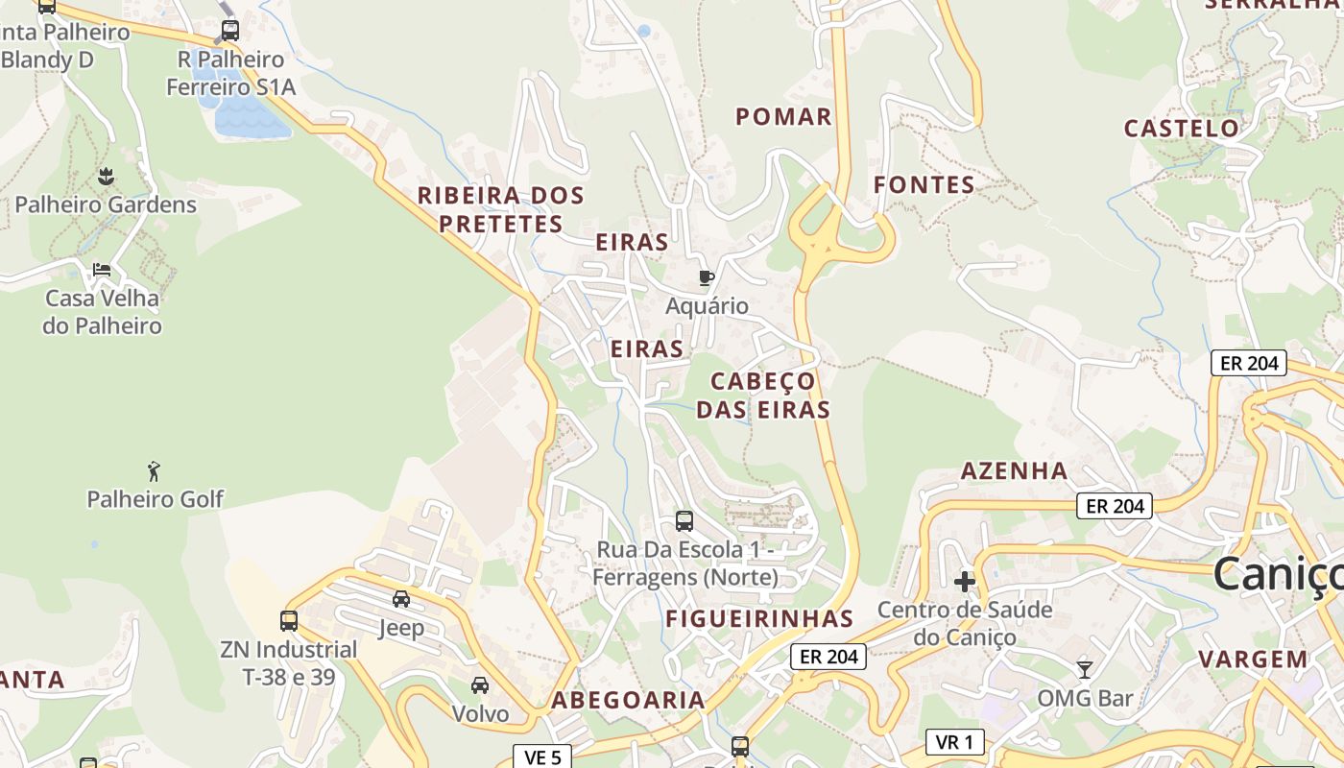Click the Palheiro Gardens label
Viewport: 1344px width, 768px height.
point(106,204)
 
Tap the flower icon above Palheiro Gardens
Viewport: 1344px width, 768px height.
point(106,177)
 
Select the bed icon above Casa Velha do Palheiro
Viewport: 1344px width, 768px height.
point(102,270)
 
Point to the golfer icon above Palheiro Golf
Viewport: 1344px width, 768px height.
point(154,471)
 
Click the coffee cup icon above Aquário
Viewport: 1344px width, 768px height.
point(707,278)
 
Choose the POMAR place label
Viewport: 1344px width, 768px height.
point(783,117)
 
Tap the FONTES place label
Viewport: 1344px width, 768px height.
point(924,185)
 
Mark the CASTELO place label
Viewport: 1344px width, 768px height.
point(1182,129)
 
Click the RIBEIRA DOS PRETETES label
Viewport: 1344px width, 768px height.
point(500,209)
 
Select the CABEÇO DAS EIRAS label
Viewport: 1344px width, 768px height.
point(763,396)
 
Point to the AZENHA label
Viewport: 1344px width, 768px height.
point(1015,470)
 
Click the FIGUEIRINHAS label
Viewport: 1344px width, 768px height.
point(759,618)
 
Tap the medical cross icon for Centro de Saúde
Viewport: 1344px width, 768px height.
point(965,582)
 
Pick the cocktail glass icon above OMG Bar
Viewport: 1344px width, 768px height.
point(1085,669)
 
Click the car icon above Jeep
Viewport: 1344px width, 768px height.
point(401,599)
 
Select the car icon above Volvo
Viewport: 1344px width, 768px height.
point(480,684)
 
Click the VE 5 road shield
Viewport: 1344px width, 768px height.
point(542,757)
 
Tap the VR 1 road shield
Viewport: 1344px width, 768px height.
point(955,741)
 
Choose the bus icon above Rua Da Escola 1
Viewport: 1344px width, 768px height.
point(684,521)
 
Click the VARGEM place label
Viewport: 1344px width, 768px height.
point(1253,660)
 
